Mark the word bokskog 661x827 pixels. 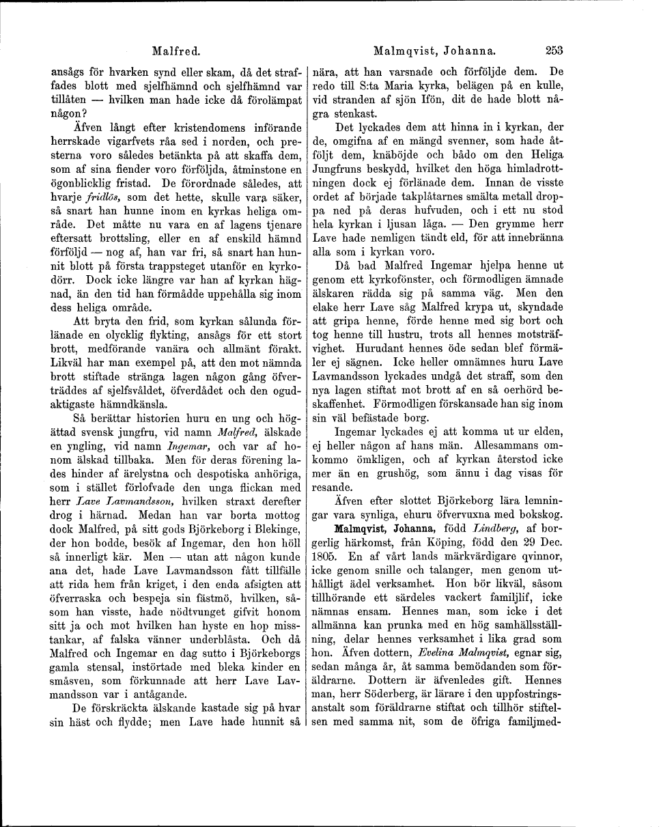[538, 514]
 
